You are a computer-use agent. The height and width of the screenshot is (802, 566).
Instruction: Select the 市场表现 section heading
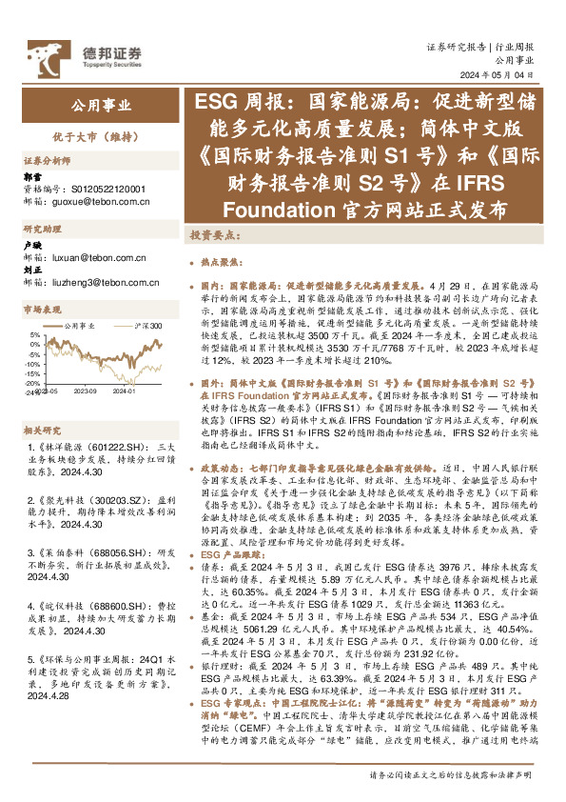(43, 310)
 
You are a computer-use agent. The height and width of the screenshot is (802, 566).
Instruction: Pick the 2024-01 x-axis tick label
(127, 390)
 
